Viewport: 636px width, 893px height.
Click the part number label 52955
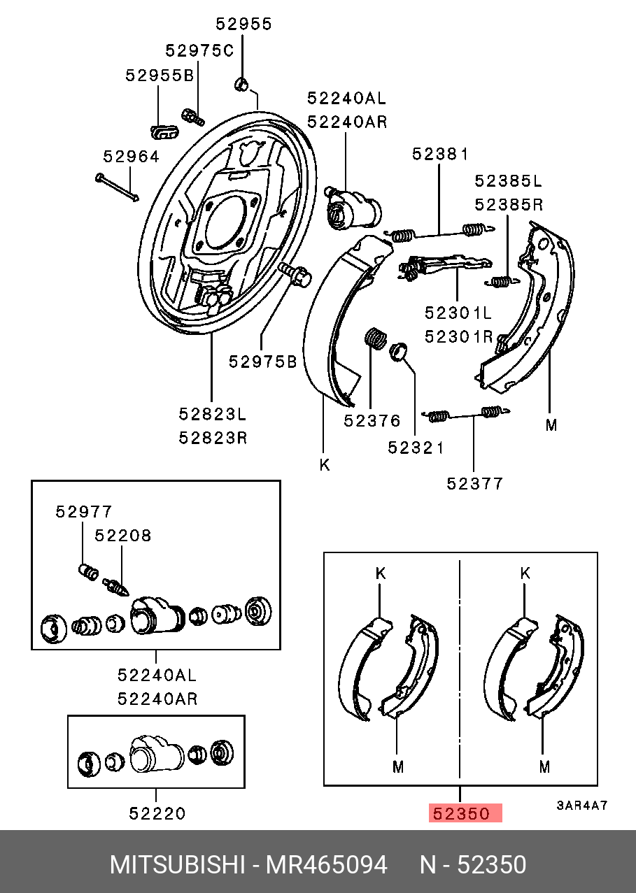tap(243, 24)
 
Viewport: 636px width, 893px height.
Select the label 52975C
tap(199, 50)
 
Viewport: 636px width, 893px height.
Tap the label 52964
tap(132, 156)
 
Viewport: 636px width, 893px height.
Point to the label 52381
tap(440, 153)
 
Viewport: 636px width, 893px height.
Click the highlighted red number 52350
tap(461, 813)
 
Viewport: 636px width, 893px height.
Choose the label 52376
tap(372, 420)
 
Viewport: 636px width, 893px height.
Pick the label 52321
tap(416, 448)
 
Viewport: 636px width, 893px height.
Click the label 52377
tap(474, 484)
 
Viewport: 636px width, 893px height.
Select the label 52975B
tap(262, 362)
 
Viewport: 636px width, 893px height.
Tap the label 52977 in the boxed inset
tap(84, 511)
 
